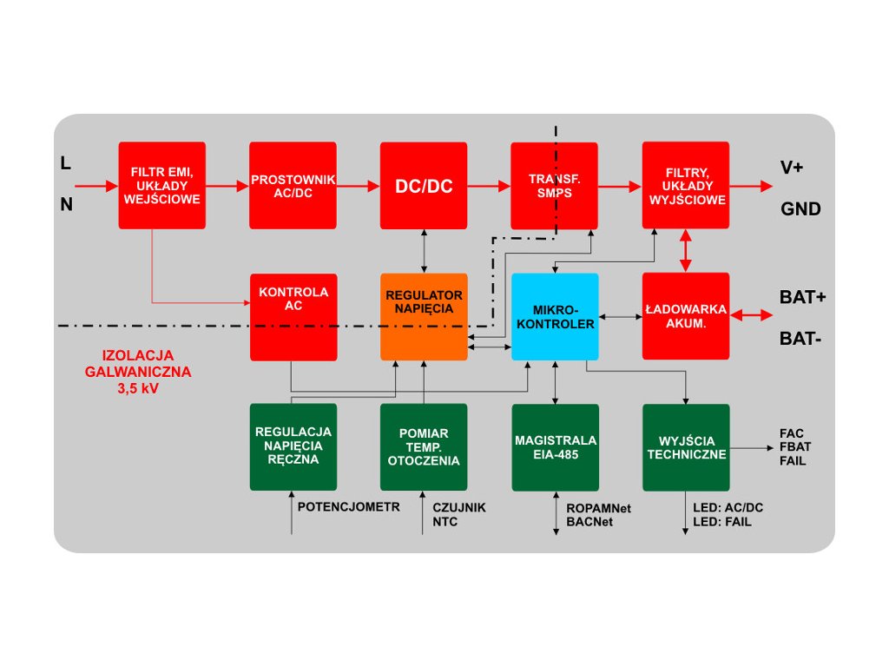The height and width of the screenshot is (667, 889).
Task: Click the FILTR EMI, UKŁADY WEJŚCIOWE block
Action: pos(162,185)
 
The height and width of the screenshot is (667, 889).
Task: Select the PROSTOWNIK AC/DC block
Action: pos(293,185)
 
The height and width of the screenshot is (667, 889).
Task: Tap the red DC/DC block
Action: pos(424,185)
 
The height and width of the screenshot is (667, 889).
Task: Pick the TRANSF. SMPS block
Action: pos(554,185)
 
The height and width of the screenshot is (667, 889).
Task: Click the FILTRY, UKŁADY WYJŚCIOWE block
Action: pos(686,185)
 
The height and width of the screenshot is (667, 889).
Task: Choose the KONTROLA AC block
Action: pos(293,316)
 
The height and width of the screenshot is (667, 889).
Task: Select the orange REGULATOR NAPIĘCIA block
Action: pos(424,316)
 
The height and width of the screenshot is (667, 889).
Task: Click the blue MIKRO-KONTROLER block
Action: pos(555,316)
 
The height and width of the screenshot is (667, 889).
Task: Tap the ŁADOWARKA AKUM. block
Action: pos(686,316)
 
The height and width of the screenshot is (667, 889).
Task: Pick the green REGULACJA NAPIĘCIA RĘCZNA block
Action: pos(293,446)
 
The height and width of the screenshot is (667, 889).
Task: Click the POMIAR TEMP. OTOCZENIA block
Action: pos(424,446)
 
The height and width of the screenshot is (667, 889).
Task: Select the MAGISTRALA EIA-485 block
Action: pos(555,446)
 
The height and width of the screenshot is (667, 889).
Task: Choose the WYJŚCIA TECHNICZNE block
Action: pos(686,446)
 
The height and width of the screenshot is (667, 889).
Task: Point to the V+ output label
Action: pos(792,168)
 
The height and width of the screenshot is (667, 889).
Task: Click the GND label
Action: pos(800,209)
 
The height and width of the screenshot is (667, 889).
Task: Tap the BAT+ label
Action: pos(802,297)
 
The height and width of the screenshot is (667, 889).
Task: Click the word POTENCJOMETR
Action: pos(349,506)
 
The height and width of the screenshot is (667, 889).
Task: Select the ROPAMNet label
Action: pos(598,507)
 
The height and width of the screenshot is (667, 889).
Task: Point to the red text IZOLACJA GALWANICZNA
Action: pos(138,364)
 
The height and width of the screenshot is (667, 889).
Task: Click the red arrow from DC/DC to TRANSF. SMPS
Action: pos(489,185)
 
